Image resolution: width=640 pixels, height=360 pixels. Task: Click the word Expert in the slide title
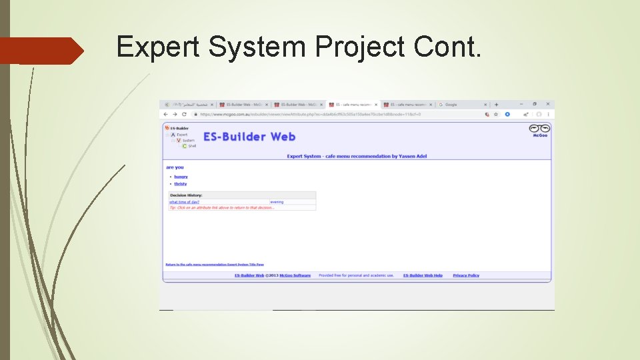pos(158,47)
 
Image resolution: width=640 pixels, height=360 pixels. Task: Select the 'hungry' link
pos(181,177)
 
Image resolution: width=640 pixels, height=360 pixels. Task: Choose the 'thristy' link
pos(181,184)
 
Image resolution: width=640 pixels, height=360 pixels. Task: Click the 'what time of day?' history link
pos(184,202)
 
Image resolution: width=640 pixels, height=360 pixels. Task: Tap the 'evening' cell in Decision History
pos(277,202)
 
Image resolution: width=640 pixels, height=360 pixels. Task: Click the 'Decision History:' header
pos(186,195)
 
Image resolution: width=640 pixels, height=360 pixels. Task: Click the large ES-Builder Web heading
pos(249,137)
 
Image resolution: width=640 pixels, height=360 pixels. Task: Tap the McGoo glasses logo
pos(539,129)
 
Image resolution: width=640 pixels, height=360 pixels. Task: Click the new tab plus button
pos(496,105)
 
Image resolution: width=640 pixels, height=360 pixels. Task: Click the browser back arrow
pos(166,114)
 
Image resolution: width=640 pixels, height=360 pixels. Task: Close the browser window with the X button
pos(547,105)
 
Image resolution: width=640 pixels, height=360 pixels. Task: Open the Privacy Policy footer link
pos(465,275)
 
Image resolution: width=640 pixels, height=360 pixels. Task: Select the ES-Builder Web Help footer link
pos(423,275)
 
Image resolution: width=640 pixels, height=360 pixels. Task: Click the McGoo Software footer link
pos(295,275)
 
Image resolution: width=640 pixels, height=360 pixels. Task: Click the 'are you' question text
pos(175,167)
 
